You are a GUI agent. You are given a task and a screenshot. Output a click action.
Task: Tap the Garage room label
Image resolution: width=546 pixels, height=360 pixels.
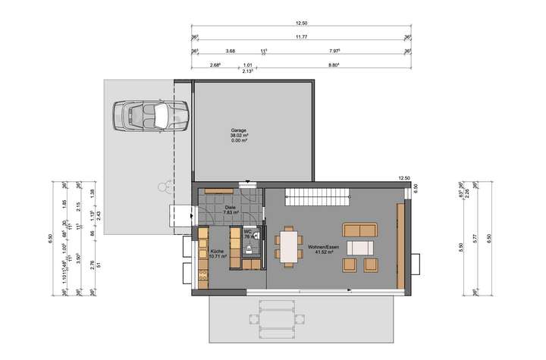pyautogui.click(x=239, y=130)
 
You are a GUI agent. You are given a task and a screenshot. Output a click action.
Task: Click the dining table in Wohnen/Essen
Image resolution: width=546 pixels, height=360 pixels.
pyautogui.click(x=288, y=246)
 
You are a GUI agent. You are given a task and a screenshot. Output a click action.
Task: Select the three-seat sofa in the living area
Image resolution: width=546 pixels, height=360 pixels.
pyautogui.click(x=359, y=229)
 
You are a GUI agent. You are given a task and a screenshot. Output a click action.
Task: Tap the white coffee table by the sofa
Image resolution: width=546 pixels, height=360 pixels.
pyautogui.click(x=359, y=247)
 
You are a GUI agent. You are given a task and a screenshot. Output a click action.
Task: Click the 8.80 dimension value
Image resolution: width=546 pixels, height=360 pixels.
pyautogui.click(x=333, y=66)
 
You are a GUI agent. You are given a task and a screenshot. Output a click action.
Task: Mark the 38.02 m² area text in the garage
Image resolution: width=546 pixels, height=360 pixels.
pyautogui.click(x=239, y=135)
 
